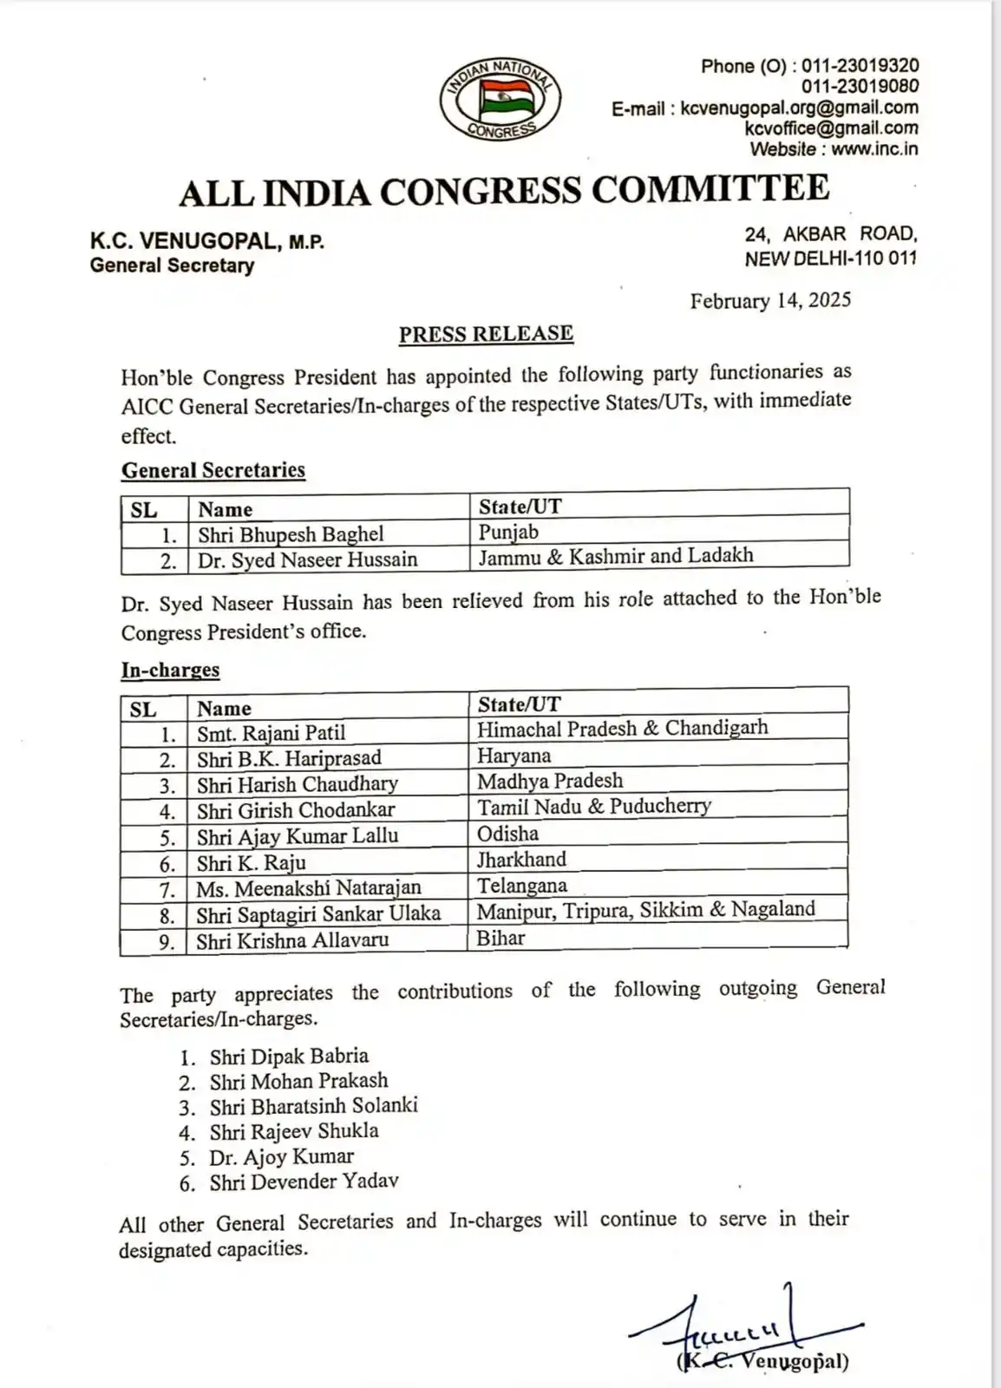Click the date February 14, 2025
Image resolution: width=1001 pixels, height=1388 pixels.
coord(770,300)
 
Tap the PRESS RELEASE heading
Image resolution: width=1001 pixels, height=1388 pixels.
coord(486,334)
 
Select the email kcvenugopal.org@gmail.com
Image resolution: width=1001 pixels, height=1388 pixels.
coord(798,108)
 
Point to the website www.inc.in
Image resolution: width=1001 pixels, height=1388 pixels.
coord(874,148)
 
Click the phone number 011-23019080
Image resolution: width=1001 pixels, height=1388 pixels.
coord(860,86)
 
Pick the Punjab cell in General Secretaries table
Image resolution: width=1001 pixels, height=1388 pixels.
coord(508,531)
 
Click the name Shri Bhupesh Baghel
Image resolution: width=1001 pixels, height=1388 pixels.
coord(291,534)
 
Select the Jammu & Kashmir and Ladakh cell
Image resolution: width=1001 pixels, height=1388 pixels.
coord(616,555)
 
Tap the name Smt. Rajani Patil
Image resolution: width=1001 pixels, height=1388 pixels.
coord(271,733)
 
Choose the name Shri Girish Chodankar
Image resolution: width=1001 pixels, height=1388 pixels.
coord(295,810)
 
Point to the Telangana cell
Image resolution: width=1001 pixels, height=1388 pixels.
coord(521,886)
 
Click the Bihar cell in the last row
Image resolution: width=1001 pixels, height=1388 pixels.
coord(500,938)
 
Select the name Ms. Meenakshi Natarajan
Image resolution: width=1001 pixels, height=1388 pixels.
coord(308,888)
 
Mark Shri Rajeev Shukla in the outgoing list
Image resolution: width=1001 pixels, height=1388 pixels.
coord(293,1131)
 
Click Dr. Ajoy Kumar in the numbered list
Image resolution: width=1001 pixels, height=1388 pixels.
coord(281,1156)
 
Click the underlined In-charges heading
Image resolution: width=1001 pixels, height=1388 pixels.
coord(170,670)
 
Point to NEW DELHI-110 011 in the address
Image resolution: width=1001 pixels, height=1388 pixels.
coord(830,258)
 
